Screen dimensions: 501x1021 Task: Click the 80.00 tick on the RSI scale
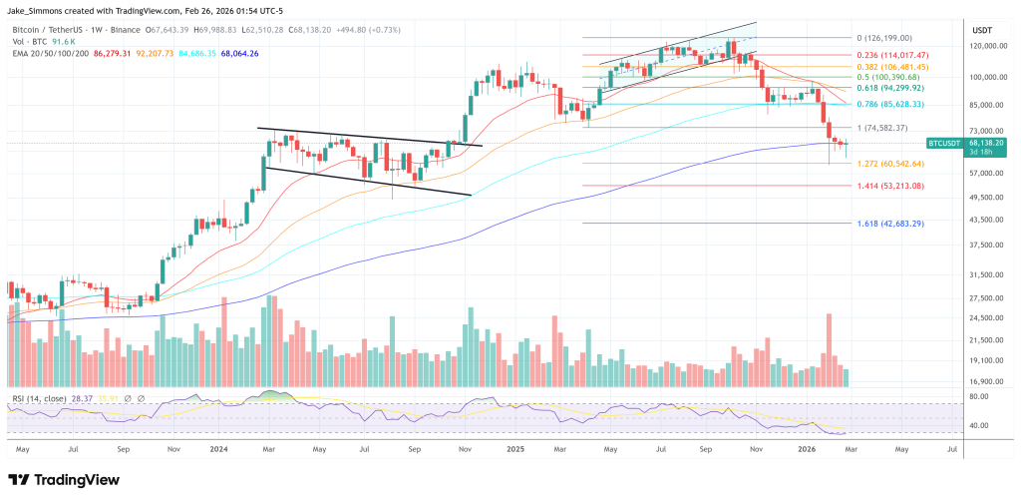point(979,397)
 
